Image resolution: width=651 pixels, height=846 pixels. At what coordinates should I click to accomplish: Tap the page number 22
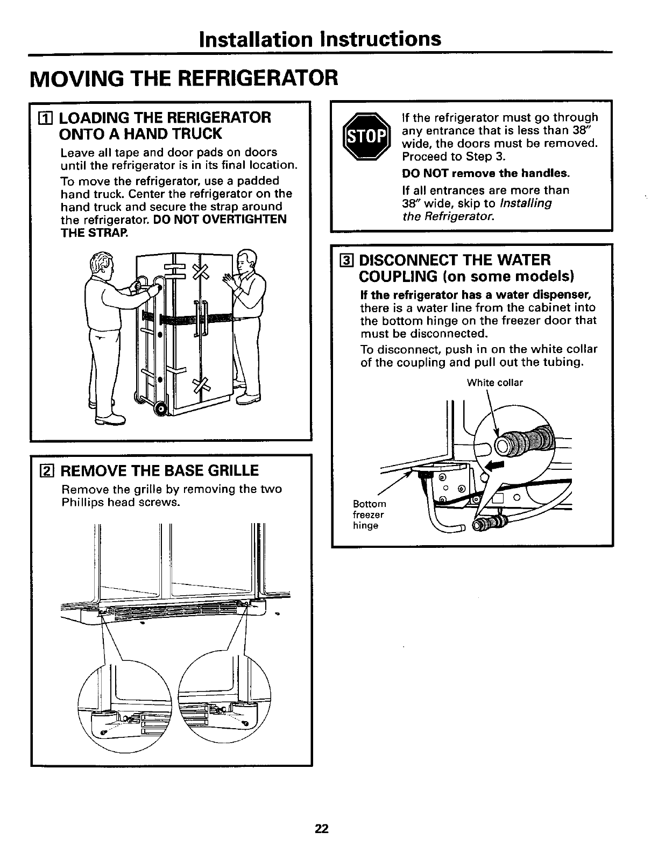click(x=322, y=828)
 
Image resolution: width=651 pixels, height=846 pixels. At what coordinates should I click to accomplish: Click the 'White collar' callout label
click(x=494, y=383)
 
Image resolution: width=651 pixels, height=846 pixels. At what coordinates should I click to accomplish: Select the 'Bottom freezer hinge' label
click(x=369, y=514)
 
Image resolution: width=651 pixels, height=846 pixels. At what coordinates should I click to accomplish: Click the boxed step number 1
click(x=48, y=118)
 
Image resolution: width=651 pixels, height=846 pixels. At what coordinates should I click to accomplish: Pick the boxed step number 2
click(x=48, y=471)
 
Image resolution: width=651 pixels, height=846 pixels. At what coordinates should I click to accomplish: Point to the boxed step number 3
click(x=348, y=260)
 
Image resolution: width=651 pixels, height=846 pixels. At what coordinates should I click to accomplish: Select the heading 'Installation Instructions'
click(x=320, y=39)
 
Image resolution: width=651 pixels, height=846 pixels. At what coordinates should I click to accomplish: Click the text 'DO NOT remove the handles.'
click(x=485, y=173)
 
